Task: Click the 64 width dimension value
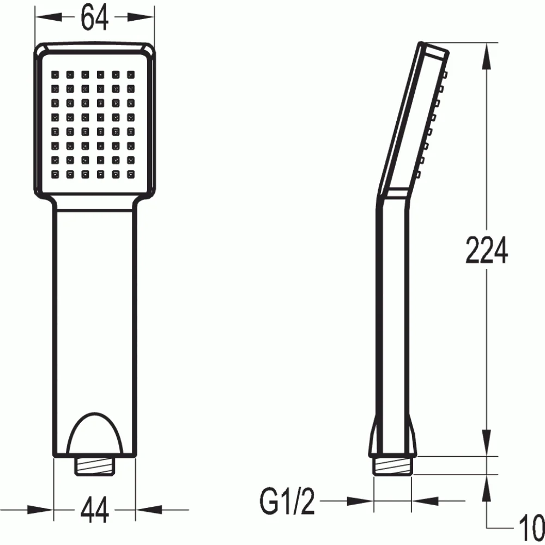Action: pyautogui.click(x=94, y=17)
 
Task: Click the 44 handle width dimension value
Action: pyautogui.click(x=94, y=510)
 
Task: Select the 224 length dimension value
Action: pyautogui.click(x=487, y=250)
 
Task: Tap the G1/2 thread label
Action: pyautogui.click(x=287, y=501)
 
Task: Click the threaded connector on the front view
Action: pyautogui.click(x=94, y=466)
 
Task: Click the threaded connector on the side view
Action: pyautogui.click(x=392, y=465)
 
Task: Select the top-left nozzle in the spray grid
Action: pyautogui.click(x=55, y=75)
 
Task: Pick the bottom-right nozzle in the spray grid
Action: pyautogui.click(x=131, y=174)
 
